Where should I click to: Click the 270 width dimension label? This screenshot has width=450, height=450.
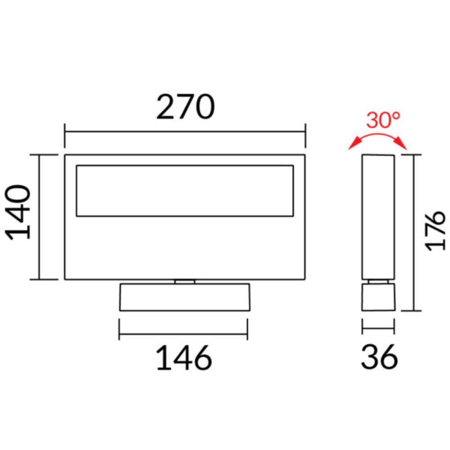185,107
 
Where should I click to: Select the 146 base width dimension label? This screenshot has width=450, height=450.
184,358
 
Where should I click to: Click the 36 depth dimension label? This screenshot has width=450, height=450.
379,358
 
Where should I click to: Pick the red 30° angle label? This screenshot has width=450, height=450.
382,121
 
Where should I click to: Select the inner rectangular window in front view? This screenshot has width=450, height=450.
184,191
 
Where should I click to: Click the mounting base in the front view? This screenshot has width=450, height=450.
184,297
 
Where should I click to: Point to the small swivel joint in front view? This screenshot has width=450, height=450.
185,282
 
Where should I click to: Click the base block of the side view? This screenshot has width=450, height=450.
378,297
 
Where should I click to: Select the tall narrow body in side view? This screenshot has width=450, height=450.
378,216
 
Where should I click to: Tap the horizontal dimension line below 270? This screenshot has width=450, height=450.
185,132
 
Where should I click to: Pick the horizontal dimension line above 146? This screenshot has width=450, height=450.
183,333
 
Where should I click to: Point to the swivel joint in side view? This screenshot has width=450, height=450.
378,282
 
